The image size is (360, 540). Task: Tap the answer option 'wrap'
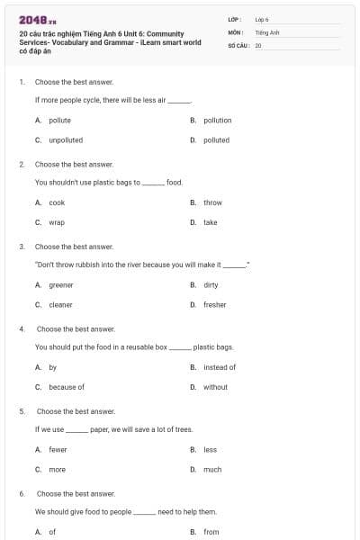(56, 222)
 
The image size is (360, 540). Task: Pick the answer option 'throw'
(212, 202)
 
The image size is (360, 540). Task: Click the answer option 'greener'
(61, 285)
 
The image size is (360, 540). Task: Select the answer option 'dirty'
(211, 285)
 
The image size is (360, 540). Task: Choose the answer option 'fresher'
(214, 305)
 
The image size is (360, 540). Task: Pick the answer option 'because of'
(67, 387)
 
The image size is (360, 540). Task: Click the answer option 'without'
(215, 387)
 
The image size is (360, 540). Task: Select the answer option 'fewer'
(58, 449)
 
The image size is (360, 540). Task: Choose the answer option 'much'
(212, 469)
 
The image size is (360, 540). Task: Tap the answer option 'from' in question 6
(211, 532)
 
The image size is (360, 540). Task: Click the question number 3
(22, 247)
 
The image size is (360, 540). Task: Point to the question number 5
(22, 411)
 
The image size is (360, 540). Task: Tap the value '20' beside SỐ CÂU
(258, 43)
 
